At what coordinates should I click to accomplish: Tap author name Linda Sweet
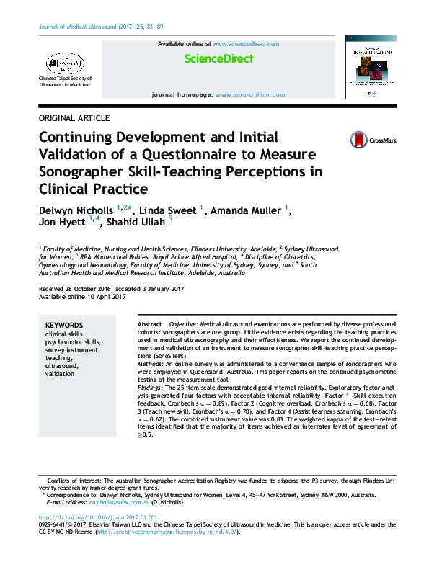(168, 210)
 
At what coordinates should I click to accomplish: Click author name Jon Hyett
(61, 223)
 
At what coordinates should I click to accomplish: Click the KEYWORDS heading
(64, 326)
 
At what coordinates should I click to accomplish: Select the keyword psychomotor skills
(73, 342)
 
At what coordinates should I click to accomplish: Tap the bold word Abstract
(149, 326)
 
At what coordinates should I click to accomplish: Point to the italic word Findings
(151, 388)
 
